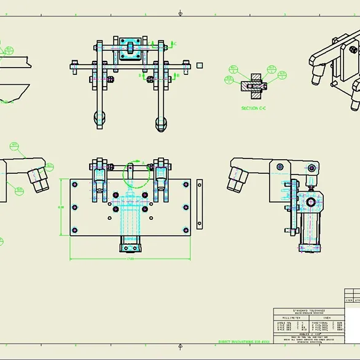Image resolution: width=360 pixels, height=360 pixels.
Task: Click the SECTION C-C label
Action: click(249, 108)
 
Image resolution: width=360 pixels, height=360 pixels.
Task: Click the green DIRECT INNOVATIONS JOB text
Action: click(245, 342)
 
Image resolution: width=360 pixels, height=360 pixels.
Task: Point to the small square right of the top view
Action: click(200, 63)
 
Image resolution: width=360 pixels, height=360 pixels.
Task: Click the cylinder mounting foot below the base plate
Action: click(130, 248)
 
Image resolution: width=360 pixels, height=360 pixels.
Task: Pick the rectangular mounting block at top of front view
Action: click(130, 47)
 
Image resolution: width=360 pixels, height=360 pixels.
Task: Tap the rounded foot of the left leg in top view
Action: click(99, 119)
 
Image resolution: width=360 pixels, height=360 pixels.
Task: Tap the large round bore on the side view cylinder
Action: click(311, 202)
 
